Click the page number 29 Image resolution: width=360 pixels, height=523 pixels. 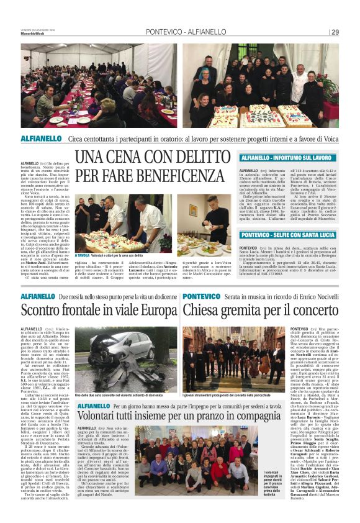click(x=335, y=32)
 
